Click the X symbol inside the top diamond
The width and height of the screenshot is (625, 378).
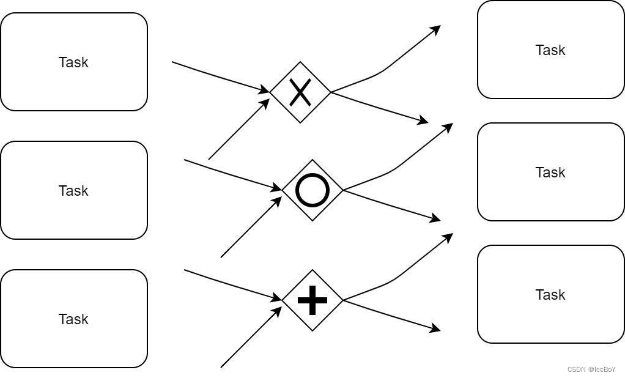click(x=300, y=92)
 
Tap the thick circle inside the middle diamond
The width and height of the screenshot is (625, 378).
click(x=312, y=190)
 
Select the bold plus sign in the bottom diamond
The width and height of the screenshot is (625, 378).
click(x=312, y=300)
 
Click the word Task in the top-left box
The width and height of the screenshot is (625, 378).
click(x=73, y=62)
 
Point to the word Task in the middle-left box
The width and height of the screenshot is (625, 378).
click(x=73, y=191)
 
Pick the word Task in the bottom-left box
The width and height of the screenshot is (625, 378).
click(x=73, y=319)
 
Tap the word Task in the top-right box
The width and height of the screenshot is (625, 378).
click(x=550, y=50)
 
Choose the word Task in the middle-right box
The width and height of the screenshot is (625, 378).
click(x=550, y=172)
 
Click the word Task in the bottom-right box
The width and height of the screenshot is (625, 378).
click(x=550, y=295)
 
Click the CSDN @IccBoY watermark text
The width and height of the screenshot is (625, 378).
click(x=591, y=369)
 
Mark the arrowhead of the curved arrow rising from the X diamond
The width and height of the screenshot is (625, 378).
click(x=437, y=28)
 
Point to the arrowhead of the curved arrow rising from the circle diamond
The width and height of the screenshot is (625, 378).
click(x=448, y=126)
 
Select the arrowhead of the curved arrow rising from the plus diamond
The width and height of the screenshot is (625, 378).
click(x=448, y=236)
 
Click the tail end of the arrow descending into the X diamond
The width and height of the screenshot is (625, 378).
click(x=172, y=62)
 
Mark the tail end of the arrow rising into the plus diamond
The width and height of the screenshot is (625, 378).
click(x=221, y=367)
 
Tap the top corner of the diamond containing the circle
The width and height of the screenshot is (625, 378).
click(x=312, y=160)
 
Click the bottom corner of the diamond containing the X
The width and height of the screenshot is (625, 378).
click(x=300, y=123)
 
